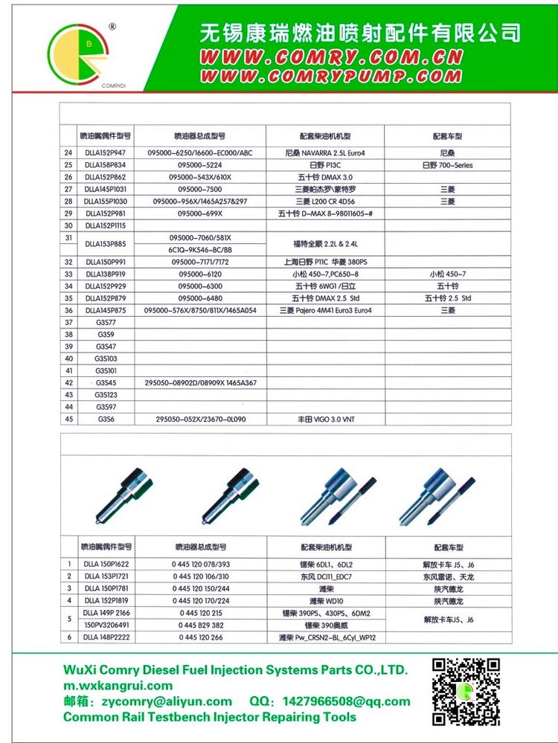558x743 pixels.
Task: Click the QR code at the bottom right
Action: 466,692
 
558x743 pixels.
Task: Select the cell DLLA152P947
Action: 106,153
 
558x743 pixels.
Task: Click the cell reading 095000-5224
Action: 200,165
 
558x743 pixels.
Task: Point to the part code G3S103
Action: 106,358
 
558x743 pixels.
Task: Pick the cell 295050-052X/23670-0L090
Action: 200,419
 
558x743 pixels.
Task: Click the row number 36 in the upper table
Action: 68,310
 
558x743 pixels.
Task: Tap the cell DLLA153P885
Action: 106,243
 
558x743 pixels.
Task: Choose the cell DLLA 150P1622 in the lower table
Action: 106,565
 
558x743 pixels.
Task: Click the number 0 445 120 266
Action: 200,637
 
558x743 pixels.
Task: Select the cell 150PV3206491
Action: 106,625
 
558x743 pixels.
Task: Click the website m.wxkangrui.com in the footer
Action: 118,686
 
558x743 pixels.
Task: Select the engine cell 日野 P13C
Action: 325,165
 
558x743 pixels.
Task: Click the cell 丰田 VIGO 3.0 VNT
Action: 325,419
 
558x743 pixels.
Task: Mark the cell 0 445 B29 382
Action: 200,625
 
